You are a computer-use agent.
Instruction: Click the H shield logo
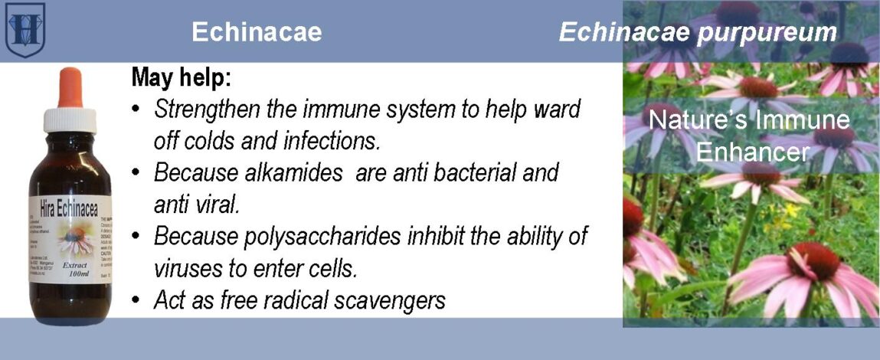(x=25, y=29)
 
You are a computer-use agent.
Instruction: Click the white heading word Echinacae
(x=257, y=32)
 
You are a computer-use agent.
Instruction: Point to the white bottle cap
(x=70, y=119)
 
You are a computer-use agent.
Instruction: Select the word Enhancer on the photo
(x=751, y=152)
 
